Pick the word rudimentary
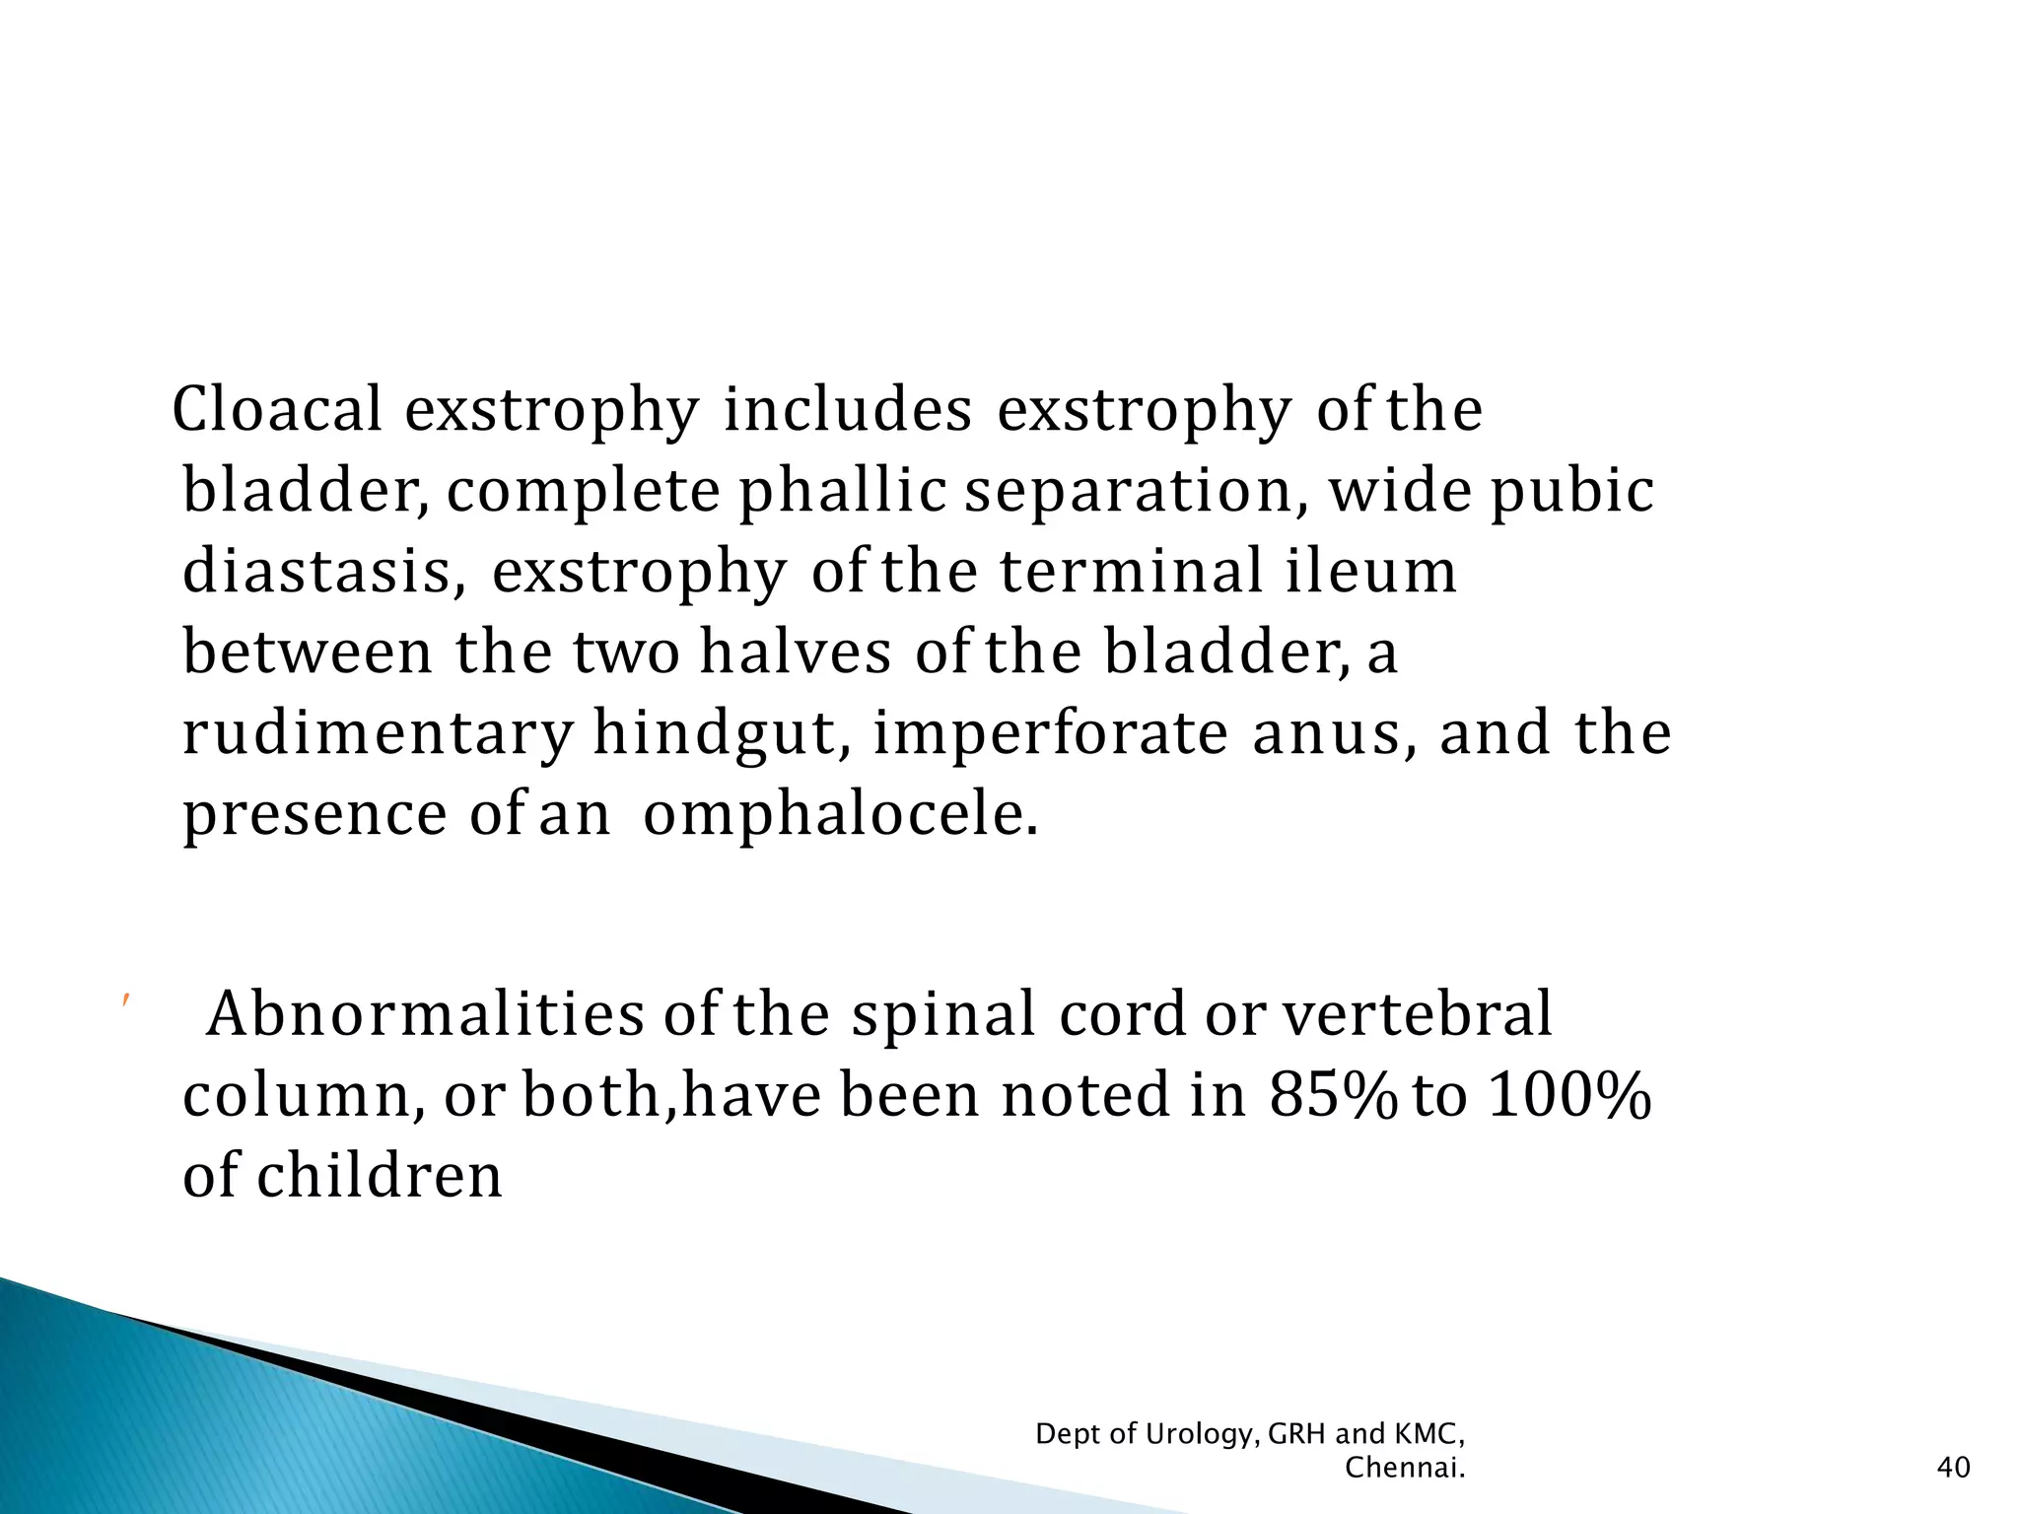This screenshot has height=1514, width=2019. pos(378,734)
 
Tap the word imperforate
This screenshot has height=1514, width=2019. pos(1050,734)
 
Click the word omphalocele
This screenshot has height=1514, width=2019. pos(840,815)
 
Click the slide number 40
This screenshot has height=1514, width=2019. pos(1954,1468)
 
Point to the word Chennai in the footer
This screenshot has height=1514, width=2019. pos(1404,1468)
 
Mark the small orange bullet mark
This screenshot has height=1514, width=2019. pos(125,1001)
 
